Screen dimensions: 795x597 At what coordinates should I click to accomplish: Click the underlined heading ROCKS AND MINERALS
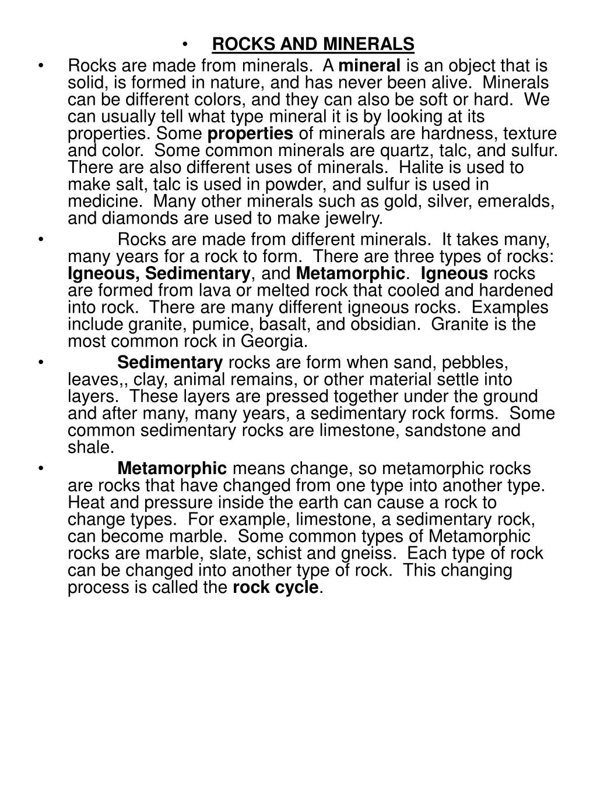(312, 44)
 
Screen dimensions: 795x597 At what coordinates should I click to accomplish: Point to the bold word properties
(251, 134)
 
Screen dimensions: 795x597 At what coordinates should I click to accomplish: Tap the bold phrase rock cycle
(276, 587)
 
